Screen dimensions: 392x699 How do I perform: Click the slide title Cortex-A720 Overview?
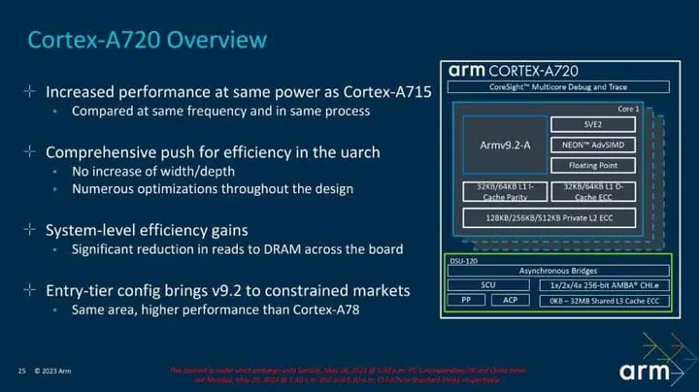coord(146,40)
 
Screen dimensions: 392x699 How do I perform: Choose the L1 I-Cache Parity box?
coord(505,190)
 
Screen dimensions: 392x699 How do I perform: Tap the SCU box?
coord(488,285)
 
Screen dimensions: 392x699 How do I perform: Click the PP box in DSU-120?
coord(466,301)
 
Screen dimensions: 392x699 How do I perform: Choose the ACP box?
coord(511,301)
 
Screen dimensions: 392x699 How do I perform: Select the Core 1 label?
coord(628,109)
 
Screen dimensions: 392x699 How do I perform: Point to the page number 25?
coord(21,371)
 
